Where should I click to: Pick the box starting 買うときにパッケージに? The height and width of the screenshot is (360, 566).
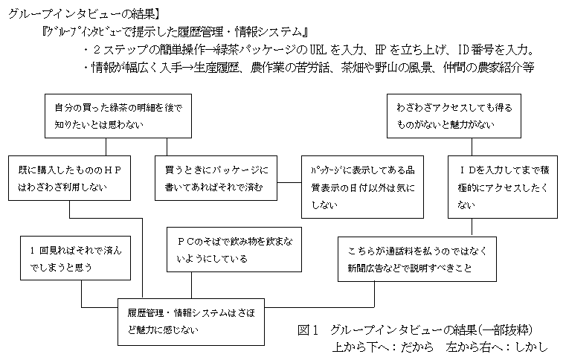[216, 179]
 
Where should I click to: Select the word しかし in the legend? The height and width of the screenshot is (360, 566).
[525, 347]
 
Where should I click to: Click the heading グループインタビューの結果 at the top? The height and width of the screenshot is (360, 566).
[89, 13]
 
